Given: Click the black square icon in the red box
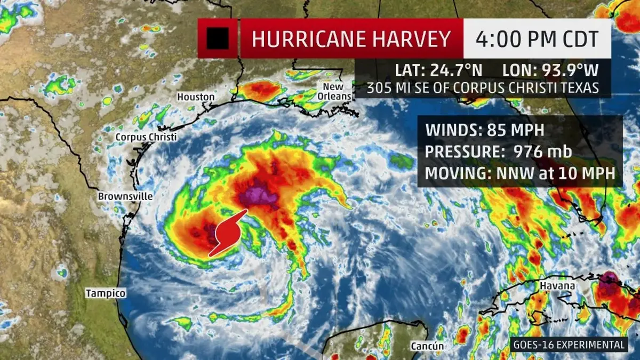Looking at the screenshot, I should [x=218, y=38].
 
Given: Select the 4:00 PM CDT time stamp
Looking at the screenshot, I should [x=537, y=39].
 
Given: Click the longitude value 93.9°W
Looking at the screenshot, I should [x=564, y=70].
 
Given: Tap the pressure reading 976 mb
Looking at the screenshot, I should [x=543, y=152].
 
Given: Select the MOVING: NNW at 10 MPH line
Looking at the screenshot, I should [x=520, y=173].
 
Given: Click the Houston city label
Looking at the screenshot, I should [x=196, y=97].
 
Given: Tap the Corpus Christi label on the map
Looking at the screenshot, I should [x=146, y=137].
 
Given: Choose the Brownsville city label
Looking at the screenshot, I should [x=125, y=196].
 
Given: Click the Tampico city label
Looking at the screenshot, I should [x=106, y=293].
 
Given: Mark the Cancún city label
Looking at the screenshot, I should [x=427, y=346].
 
